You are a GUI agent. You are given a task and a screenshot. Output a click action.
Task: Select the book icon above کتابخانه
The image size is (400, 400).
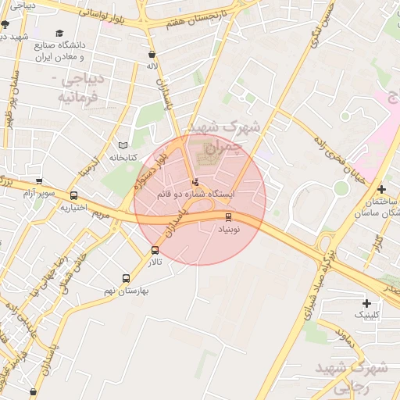pos(121,145)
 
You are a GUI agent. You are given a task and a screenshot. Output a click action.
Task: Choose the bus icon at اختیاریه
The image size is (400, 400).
pos(73,196)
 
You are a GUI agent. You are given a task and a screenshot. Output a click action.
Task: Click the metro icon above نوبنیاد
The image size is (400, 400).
pos(228,217)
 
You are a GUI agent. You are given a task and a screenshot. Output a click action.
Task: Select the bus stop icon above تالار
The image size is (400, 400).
pos(155,251)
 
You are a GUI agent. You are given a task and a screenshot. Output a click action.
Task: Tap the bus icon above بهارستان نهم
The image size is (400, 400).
pos(126,277)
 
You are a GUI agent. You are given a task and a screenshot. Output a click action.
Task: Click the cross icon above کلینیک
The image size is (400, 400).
pos(366,303)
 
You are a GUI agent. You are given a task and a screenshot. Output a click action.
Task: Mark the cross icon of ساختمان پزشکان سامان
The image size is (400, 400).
pos(380,189)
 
